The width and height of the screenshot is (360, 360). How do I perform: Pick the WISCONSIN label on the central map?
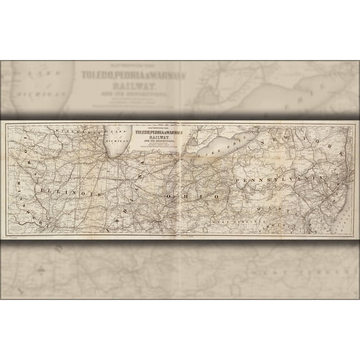click(x=75, y=133)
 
